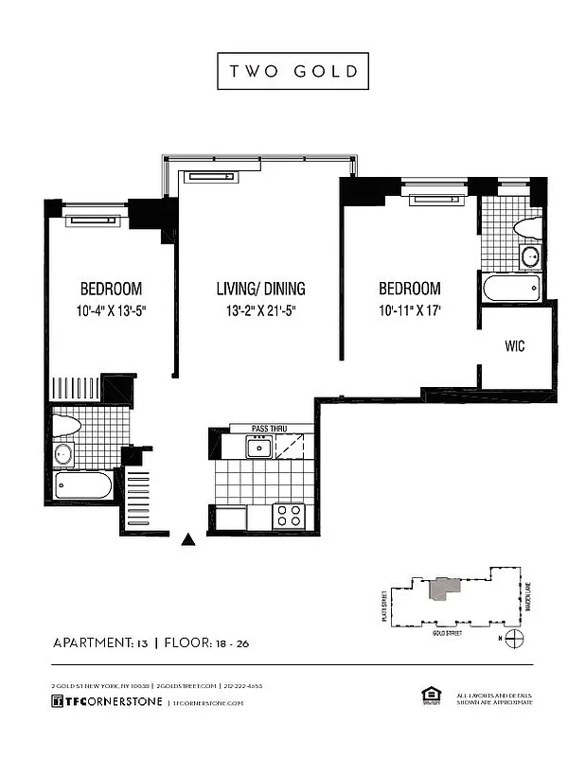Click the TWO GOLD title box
[x=292, y=71]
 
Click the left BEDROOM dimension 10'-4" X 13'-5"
[x=111, y=310]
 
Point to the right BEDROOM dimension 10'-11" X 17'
[x=410, y=310]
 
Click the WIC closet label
[x=515, y=346]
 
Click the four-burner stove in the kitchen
[x=288, y=516]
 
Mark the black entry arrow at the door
[x=188, y=540]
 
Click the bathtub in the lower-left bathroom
[x=84, y=485]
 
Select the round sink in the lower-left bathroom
[x=64, y=453]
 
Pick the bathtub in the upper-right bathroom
[x=511, y=288]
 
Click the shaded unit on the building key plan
[x=442, y=588]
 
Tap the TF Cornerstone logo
[x=106, y=702]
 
